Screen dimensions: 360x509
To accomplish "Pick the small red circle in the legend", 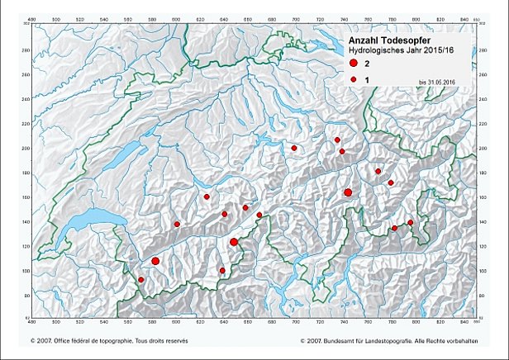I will tap(353, 78).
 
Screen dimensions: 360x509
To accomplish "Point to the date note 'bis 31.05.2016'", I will tap(437, 82).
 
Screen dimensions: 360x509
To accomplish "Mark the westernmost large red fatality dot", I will tap(155, 261).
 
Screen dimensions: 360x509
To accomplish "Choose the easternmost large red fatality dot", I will tap(348, 192).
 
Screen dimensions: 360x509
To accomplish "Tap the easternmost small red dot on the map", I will tap(411, 223).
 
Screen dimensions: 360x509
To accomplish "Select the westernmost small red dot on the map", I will tap(141, 280).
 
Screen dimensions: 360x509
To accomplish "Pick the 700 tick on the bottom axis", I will tap(294, 319).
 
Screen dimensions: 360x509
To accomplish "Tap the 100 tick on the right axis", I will tap(483, 270).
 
